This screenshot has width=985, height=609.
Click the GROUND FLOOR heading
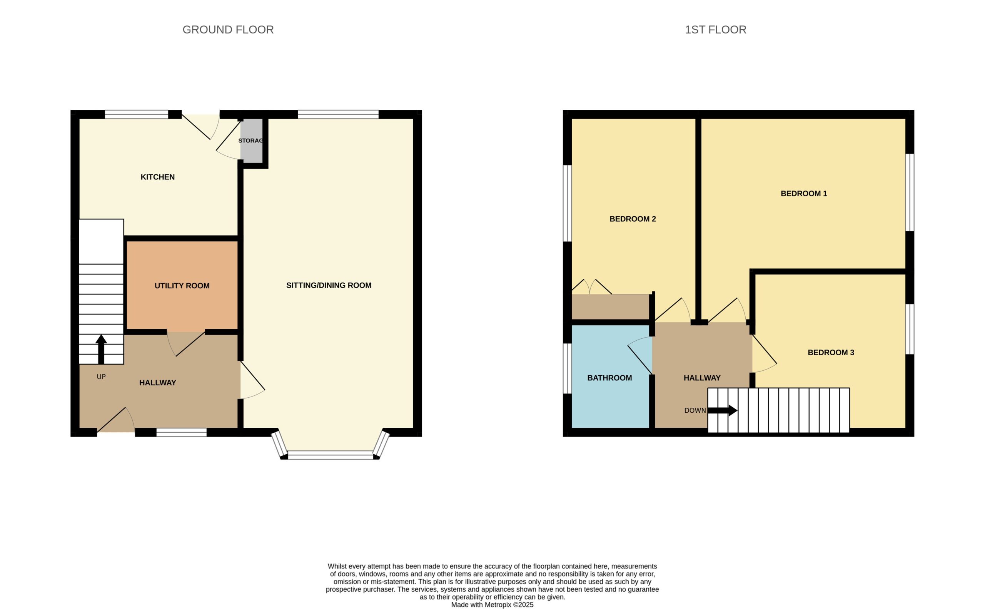click(x=228, y=30)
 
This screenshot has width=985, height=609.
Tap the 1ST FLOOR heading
click(x=715, y=30)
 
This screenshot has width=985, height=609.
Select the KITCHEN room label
click(x=157, y=177)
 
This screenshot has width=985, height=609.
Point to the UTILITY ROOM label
click(x=182, y=286)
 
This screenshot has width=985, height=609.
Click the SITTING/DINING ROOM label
click(x=329, y=285)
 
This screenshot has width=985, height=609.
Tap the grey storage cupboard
click(x=252, y=141)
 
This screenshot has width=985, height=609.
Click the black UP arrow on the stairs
click(x=101, y=349)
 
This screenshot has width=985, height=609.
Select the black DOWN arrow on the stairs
click(x=722, y=410)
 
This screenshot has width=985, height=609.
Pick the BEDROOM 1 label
click(x=803, y=193)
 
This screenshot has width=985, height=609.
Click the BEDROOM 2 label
click(x=633, y=219)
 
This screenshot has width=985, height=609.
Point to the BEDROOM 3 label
click(x=830, y=353)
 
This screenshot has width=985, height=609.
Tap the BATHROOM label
click(x=609, y=378)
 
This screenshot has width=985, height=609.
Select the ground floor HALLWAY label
click(x=157, y=383)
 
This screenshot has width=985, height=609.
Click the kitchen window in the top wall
click(x=137, y=114)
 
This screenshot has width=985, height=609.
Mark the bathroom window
click(x=567, y=368)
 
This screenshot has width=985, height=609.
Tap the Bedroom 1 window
click(x=910, y=192)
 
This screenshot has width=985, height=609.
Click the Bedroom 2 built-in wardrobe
click(x=611, y=306)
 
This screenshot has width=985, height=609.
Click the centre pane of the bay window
click(x=331, y=455)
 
